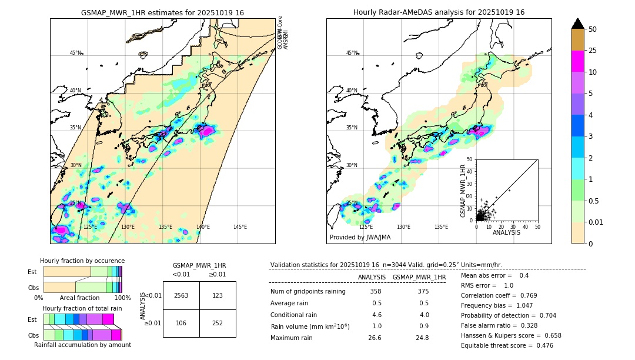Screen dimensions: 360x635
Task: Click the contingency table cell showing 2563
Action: pos(181,295)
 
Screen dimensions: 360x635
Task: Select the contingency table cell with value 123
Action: pos(218,295)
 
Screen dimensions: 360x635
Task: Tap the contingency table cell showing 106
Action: pos(181,322)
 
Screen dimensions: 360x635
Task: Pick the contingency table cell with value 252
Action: pos(218,322)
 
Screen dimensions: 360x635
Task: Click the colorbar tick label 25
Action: pos(593,51)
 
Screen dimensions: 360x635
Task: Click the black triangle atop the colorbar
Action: pos(578,24)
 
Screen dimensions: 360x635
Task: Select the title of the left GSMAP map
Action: pos(162,12)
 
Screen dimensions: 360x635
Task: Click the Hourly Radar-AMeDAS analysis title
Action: pos(439,12)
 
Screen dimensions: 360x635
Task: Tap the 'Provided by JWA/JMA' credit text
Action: pos(360,238)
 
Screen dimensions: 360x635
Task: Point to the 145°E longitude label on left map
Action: pos(240,227)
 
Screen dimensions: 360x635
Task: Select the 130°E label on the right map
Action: pos(403,227)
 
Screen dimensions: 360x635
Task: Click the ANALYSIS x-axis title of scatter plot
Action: pos(506,233)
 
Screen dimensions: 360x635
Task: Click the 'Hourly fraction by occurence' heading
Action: pos(82,261)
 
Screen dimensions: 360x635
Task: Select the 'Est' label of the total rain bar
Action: pos(33,319)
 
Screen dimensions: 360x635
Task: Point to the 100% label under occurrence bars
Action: pos(122,298)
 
